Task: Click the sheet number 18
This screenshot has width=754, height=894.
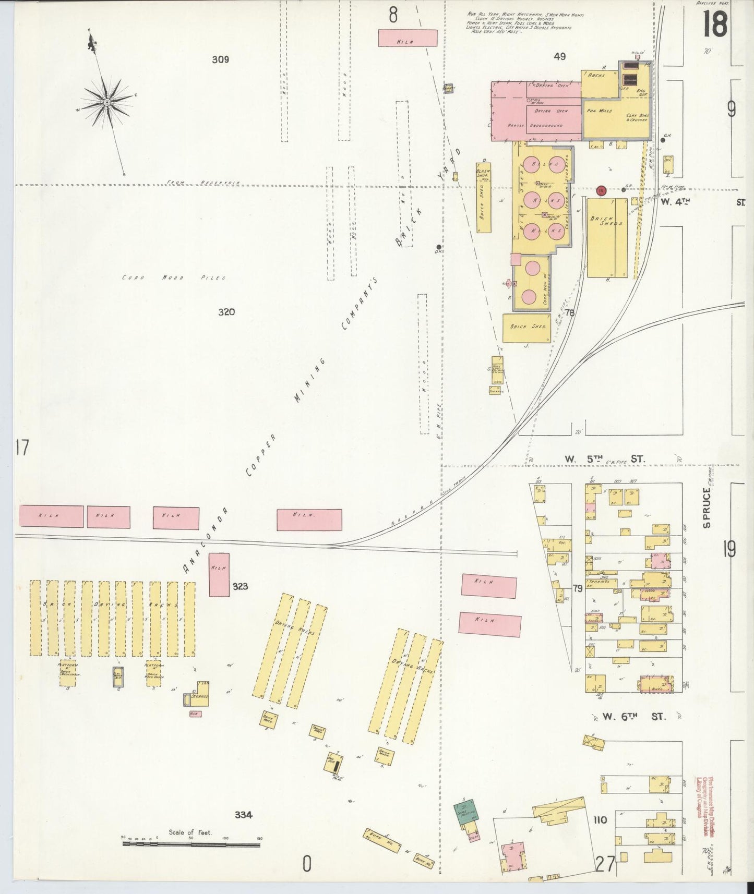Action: click(x=714, y=25)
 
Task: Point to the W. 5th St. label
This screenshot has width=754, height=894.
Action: click(x=605, y=459)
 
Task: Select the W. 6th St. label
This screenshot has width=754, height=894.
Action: click(x=634, y=717)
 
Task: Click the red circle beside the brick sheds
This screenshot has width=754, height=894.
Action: click(x=602, y=191)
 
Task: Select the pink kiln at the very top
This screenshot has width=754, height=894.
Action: click(x=407, y=38)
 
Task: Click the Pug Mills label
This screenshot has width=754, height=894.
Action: click(x=599, y=111)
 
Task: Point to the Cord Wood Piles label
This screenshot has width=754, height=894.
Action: click(x=174, y=277)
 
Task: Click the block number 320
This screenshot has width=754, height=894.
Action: click(x=226, y=312)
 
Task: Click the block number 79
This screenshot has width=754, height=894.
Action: click(x=577, y=588)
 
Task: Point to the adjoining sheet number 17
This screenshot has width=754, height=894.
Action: click(x=21, y=448)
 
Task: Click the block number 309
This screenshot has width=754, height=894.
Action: click(x=220, y=59)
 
